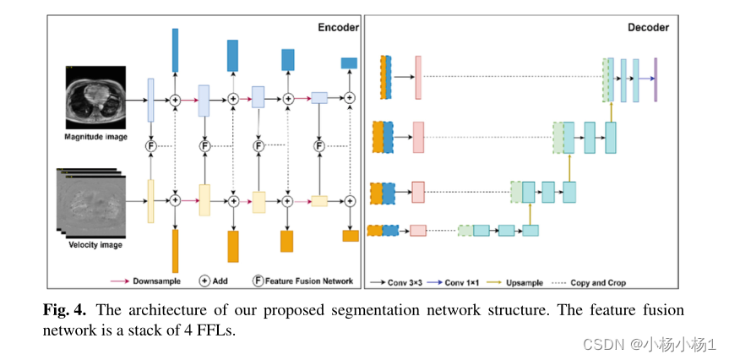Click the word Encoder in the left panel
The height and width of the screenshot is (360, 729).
(x=337, y=27)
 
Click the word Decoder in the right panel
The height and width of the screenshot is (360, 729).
(x=648, y=28)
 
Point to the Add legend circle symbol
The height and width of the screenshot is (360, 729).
(x=204, y=281)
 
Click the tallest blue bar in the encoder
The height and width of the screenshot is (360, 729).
(x=175, y=50)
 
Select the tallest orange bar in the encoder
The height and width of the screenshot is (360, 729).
(x=175, y=251)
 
